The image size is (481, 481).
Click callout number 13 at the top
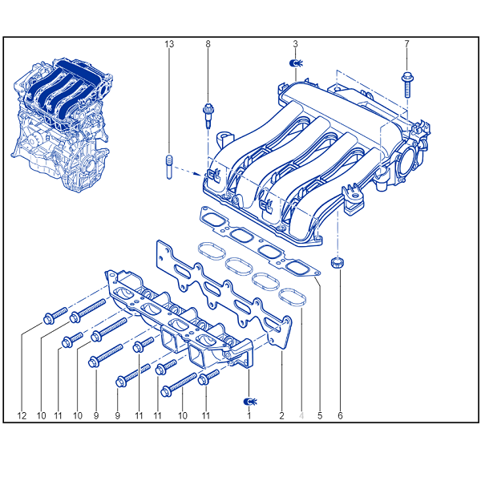pyautogui.click(x=169, y=44)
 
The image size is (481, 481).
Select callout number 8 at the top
pyautogui.click(x=208, y=44)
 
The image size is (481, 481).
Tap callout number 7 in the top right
pyautogui.click(x=406, y=44)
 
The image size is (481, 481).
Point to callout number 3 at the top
pyautogui.click(x=295, y=44)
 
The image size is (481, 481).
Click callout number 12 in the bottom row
pyautogui.click(x=22, y=416)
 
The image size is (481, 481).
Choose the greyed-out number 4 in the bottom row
pyautogui.click(x=301, y=416)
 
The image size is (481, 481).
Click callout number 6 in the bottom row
pyautogui.click(x=340, y=416)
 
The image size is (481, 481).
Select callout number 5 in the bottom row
pyautogui.click(x=320, y=416)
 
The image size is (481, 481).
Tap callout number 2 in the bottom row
pyautogui.click(x=281, y=416)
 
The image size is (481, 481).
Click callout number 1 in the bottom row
pyautogui.click(x=249, y=416)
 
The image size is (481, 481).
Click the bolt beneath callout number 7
pyautogui.click(x=406, y=85)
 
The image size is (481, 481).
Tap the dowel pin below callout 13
pyautogui.click(x=169, y=167)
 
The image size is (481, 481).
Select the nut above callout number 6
pyautogui.click(x=338, y=264)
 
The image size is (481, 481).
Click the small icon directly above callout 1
pyautogui.click(x=250, y=402)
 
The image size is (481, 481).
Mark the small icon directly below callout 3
pyautogui.click(x=296, y=63)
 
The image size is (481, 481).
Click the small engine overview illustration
pyautogui.click(x=63, y=124)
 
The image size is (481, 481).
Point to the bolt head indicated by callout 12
pyautogui.click(x=48, y=319)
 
